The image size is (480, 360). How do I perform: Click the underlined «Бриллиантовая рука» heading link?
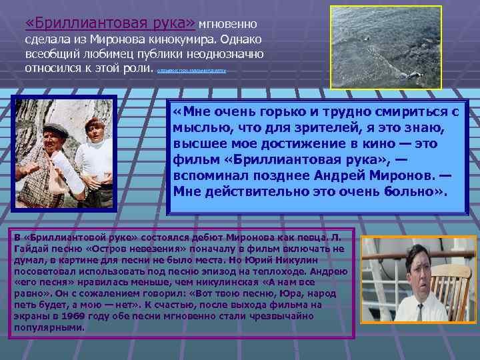110,24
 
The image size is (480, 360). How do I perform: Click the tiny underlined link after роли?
191,69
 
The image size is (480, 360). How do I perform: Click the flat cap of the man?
58,129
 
